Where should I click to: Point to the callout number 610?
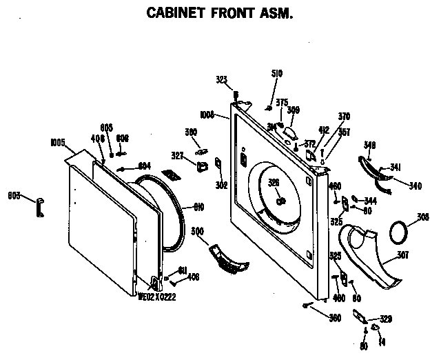coord(198,206)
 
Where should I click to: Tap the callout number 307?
coord(402,255)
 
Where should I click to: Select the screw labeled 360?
coord(305,304)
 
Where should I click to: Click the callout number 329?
coord(386,318)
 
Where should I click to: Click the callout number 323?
coord(222,80)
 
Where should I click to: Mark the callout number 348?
coord(370,145)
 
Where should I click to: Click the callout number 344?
coord(370,201)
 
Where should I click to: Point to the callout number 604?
coord(144,165)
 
